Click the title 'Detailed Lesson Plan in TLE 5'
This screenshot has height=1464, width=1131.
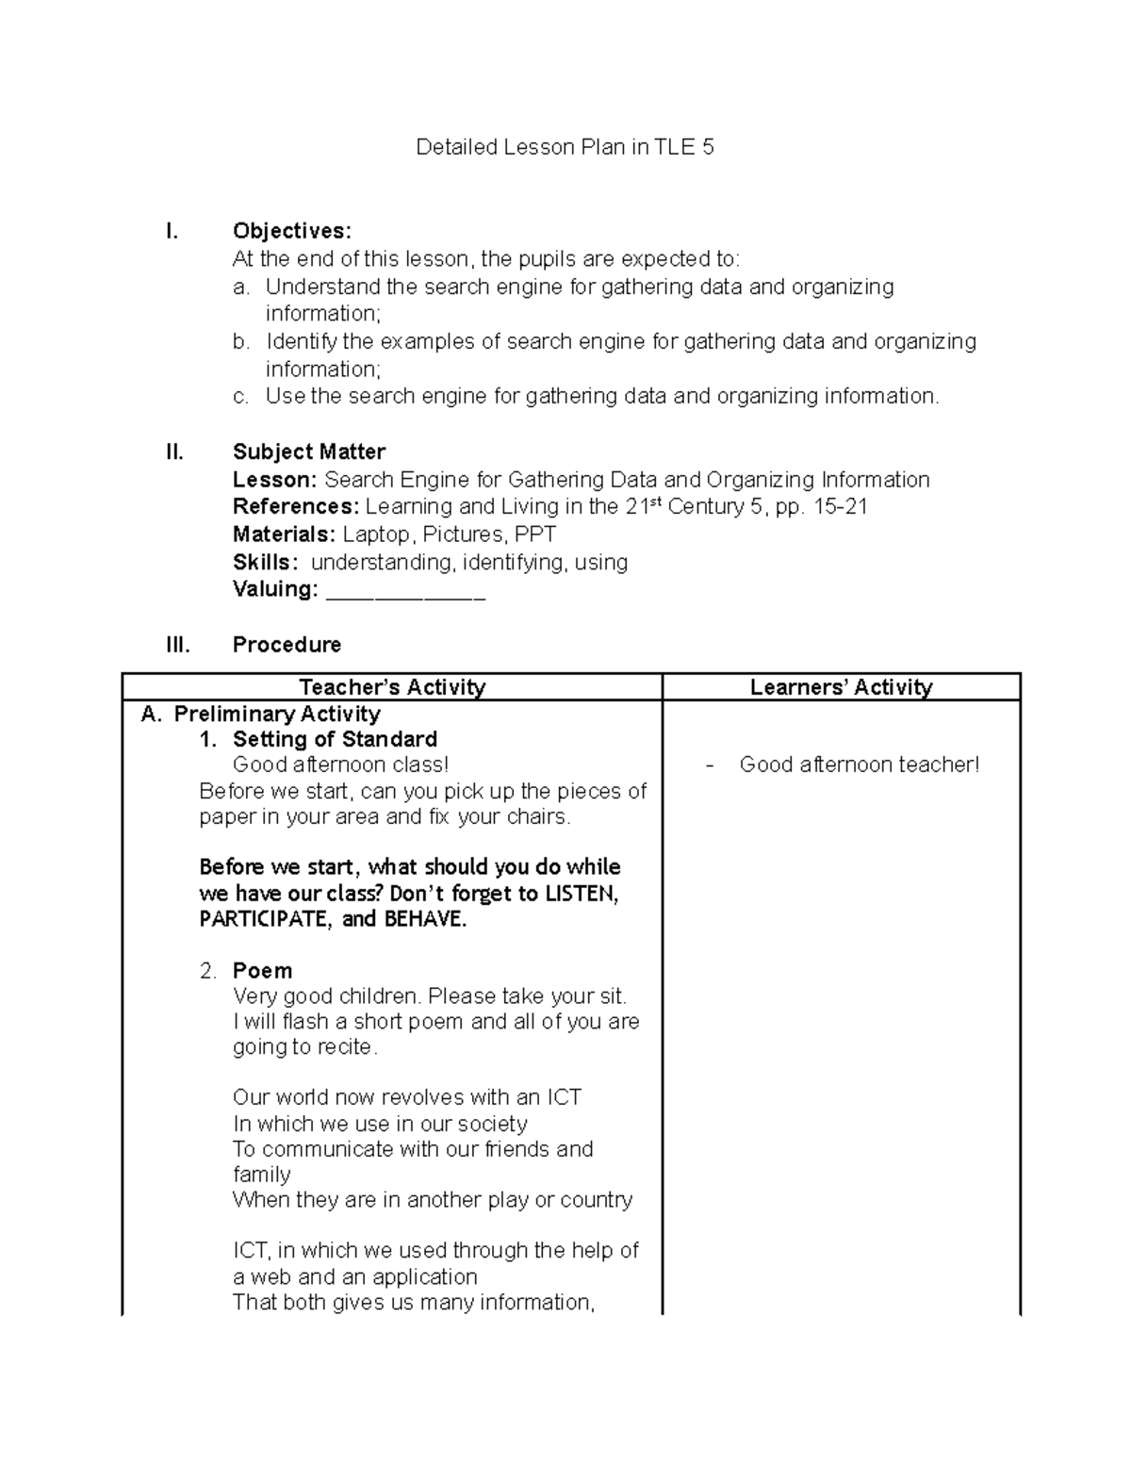point(565,147)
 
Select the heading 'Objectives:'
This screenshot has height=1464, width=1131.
point(292,231)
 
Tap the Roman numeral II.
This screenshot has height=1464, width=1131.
point(174,452)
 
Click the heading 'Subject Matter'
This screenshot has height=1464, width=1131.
point(309,452)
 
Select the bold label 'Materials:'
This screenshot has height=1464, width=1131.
point(284,535)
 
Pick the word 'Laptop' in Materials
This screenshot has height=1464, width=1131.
point(376,535)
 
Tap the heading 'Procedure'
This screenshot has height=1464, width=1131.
point(287,645)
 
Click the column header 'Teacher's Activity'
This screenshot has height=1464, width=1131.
point(391,687)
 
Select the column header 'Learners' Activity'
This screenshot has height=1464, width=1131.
point(841,687)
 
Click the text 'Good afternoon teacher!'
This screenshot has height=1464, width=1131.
point(860,765)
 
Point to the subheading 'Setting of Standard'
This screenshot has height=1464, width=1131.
point(335,739)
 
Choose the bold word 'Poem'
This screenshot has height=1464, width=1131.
point(262,971)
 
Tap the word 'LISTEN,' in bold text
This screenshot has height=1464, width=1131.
point(582,894)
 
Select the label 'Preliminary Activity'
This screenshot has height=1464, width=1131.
point(277,714)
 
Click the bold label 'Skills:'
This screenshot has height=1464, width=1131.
point(266,563)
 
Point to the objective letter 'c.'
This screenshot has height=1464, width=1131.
point(241,397)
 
